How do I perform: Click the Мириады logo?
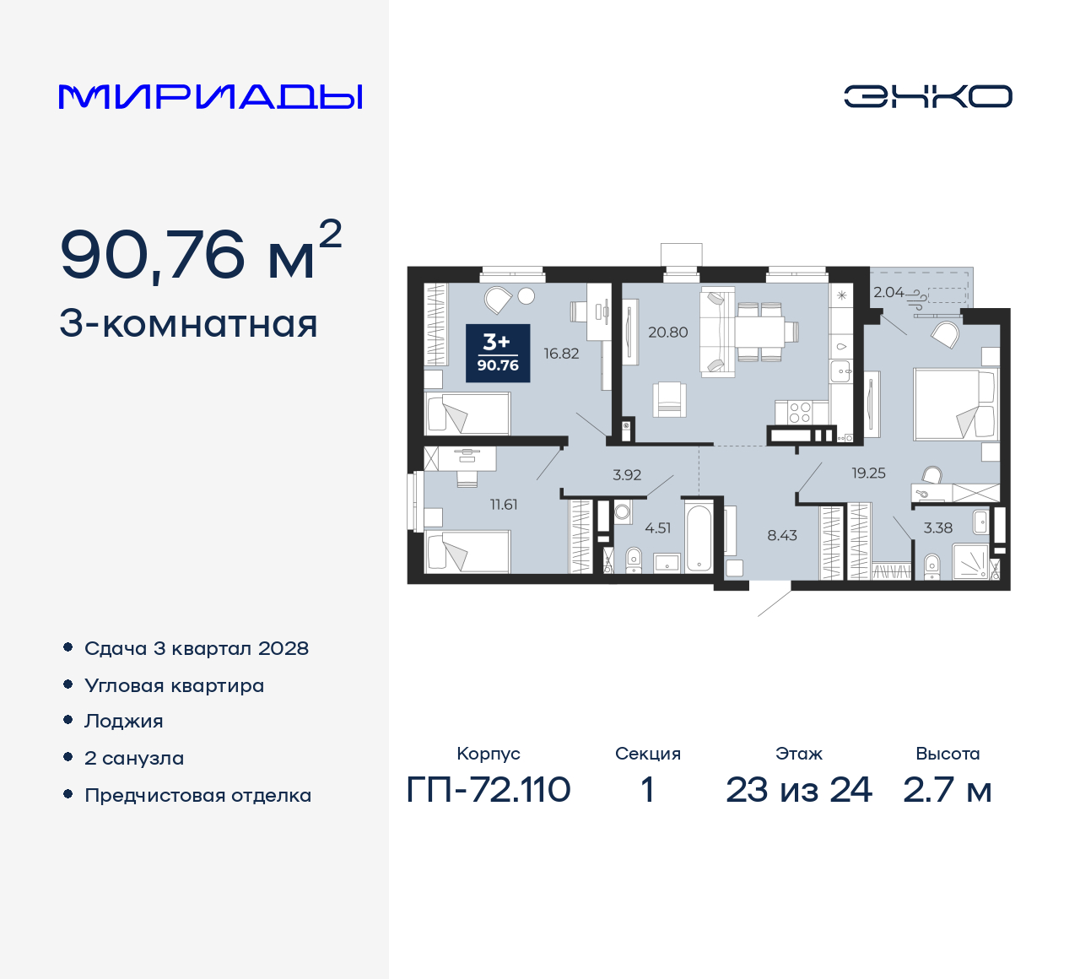[210, 97]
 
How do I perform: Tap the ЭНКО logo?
[927, 96]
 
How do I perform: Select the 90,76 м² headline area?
[200, 253]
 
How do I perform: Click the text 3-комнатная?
[188, 325]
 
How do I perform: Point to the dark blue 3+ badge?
[498, 353]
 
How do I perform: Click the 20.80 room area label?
[667, 333]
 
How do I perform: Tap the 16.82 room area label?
[561, 354]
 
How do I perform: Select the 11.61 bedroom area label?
[504, 505]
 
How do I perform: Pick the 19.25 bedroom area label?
[868, 473]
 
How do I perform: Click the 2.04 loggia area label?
[888, 293]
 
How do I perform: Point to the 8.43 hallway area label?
[782, 535]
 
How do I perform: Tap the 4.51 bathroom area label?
[657, 528]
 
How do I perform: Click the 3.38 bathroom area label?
[937, 528]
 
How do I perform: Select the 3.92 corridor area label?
[627, 475]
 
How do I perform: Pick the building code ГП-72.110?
[489, 790]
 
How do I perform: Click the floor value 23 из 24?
[798, 790]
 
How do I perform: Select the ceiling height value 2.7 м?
[947, 790]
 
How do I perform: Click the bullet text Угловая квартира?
[174, 686]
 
